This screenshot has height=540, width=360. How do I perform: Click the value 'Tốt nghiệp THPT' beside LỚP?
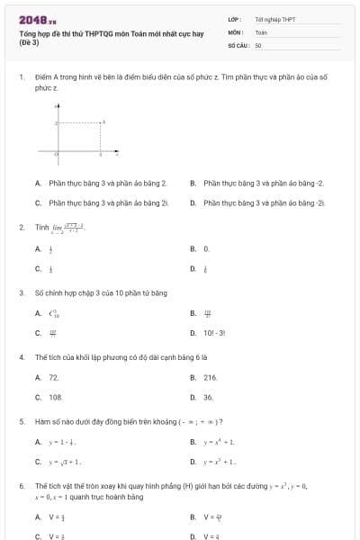(274, 18)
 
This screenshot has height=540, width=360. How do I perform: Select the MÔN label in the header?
(236, 31)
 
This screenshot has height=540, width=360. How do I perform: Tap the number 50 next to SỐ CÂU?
(258, 44)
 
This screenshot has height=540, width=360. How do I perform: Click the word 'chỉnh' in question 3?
(57, 292)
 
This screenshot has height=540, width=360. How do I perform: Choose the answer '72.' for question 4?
(54, 377)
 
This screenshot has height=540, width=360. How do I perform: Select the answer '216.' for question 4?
(211, 377)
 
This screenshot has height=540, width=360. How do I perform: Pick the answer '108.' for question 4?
(56, 397)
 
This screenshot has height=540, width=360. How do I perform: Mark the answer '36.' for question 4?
(209, 397)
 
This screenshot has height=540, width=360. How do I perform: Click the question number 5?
(21, 421)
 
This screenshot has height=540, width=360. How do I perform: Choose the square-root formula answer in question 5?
(66, 462)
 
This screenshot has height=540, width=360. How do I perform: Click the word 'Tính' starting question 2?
(40, 227)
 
